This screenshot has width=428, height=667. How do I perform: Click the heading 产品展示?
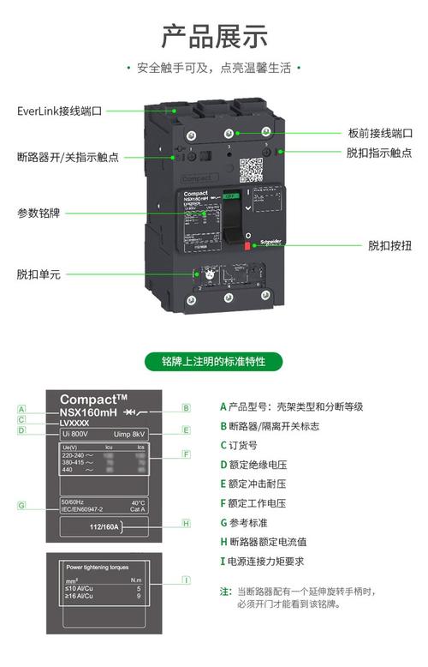[x=214, y=36]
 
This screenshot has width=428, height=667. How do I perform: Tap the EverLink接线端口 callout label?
[x=60, y=111]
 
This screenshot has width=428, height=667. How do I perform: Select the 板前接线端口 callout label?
[x=380, y=134]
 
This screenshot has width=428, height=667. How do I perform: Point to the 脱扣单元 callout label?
[x=39, y=274]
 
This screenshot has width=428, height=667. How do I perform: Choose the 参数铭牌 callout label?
[x=39, y=212]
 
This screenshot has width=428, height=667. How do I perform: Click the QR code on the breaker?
[x=250, y=169]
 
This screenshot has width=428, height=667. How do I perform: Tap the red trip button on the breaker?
[x=247, y=247]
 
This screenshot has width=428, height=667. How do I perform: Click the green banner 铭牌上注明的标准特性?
[x=214, y=362]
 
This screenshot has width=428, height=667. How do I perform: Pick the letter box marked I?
[x=186, y=580]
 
